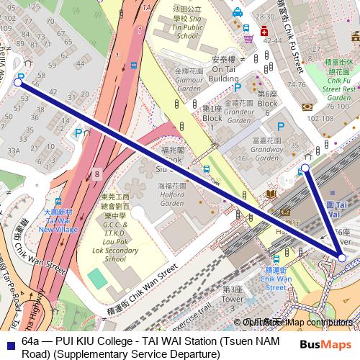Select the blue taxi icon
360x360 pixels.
coord(237,12)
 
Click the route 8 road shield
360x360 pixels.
coord(96,174)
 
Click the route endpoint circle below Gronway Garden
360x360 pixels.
coord(305,168)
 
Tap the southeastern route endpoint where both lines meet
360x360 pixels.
coord(342,257)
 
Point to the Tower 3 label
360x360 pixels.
coord(233,294)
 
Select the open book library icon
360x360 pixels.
coord(270,194)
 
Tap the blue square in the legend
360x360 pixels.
coord(9,341)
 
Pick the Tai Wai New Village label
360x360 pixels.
coord(58,219)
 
